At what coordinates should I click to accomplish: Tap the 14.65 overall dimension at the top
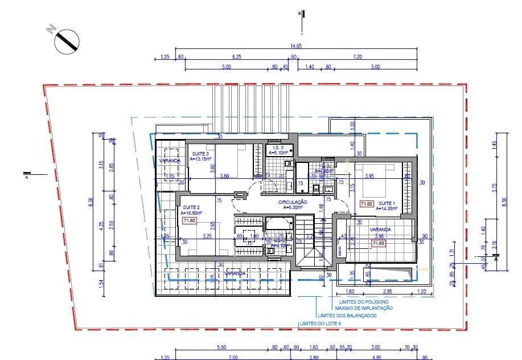[295, 46]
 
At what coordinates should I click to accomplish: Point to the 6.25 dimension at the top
[236, 57]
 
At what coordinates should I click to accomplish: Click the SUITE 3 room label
[199, 154]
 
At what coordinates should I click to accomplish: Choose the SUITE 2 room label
[190, 207]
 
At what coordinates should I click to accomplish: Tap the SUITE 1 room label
[387, 203]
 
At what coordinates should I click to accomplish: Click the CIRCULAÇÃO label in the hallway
[293, 202]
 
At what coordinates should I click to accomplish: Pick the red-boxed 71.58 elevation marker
[379, 244]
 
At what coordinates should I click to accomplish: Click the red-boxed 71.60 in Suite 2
[189, 220]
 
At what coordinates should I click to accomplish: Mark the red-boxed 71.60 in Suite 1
[366, 203]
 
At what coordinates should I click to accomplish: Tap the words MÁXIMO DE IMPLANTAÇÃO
[364, 308]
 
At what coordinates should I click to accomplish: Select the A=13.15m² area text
[200, 159]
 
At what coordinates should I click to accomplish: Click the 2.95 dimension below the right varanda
[388, 291]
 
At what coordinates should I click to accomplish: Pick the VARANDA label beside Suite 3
[170, 161]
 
